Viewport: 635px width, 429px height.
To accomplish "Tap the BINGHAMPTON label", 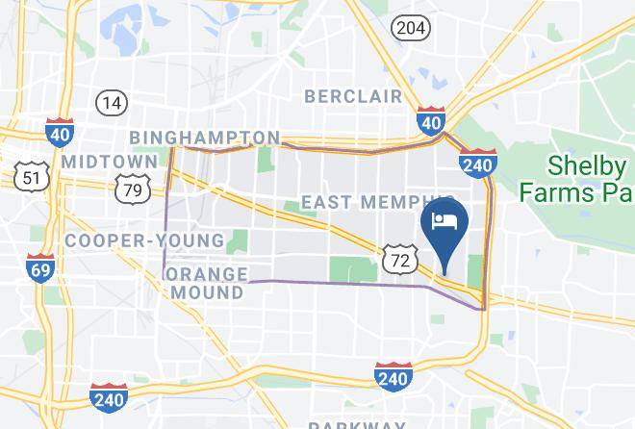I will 204,138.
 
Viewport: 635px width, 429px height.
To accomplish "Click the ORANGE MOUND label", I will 205,283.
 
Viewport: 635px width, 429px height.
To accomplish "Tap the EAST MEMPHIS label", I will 364,202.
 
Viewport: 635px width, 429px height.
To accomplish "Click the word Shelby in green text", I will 583,164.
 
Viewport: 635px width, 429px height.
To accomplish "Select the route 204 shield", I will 408,28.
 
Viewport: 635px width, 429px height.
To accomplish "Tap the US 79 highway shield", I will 132,189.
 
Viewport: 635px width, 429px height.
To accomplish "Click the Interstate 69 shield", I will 40,269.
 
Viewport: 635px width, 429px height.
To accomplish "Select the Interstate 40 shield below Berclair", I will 430,122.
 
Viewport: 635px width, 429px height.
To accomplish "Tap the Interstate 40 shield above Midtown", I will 57,131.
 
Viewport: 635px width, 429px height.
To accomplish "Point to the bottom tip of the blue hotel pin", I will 445,273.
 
